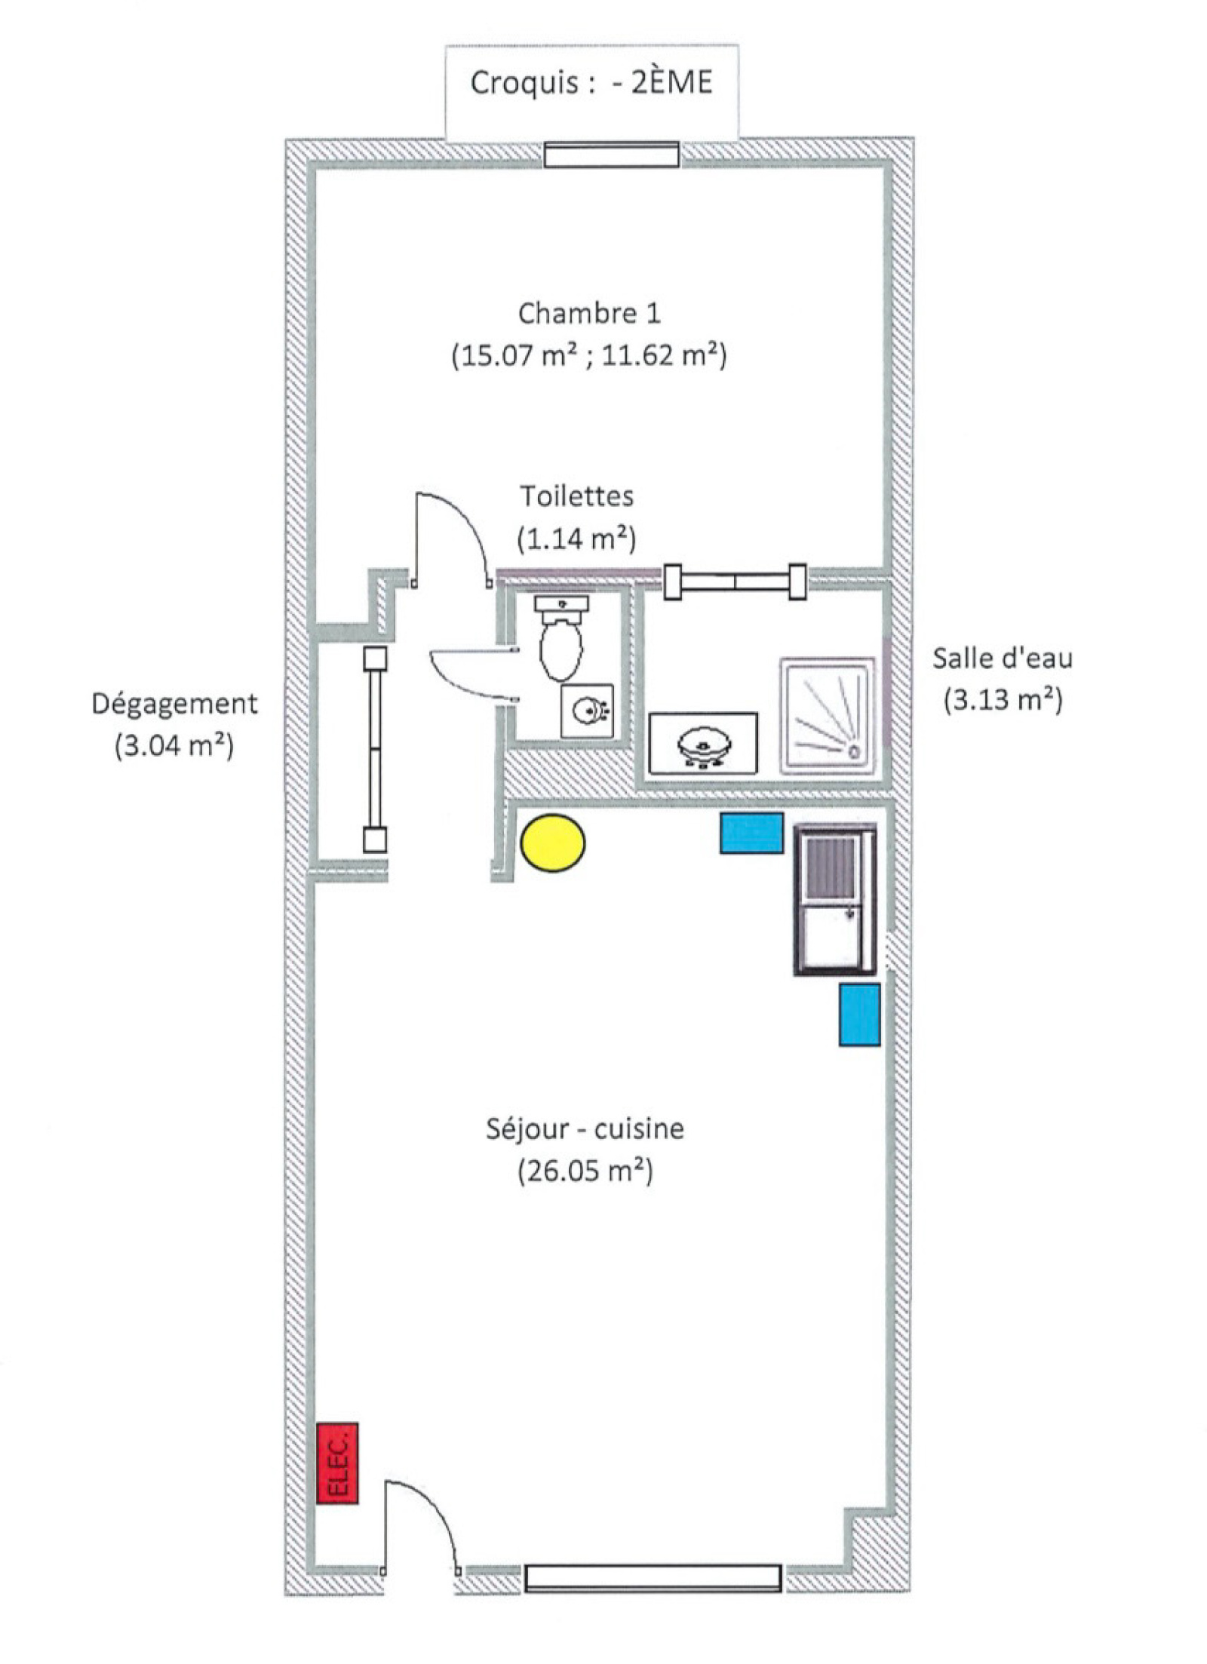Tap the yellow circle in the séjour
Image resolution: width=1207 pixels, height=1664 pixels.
point(553,843)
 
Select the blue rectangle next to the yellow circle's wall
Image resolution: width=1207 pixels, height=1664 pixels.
point(751,833)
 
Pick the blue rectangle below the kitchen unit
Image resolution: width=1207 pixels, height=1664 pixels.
point(859,1014)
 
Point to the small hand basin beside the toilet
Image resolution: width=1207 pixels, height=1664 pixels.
point(587,711)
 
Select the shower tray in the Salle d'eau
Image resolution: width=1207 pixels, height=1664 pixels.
point(828,715)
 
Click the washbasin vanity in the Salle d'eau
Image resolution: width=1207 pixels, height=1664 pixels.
point(703,743)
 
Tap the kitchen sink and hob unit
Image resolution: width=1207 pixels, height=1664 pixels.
point(834,899)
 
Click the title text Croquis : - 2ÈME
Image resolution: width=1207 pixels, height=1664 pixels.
point(591,83)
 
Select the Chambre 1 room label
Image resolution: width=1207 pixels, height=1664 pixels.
point(589,313)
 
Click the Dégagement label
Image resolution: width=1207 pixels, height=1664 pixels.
point(174,704)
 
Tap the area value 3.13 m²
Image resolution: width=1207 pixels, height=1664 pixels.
point(1003,700)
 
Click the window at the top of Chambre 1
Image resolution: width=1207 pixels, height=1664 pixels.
point(611,155)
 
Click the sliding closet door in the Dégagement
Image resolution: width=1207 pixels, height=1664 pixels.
point(375,749)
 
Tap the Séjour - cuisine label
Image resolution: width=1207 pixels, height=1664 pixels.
point(585,1129)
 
